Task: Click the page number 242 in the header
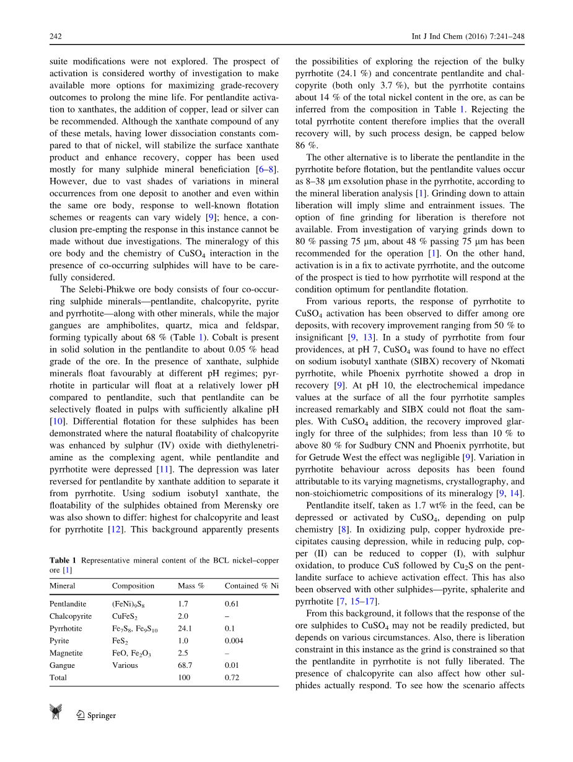[x=56, y=37]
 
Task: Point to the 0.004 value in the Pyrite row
[x=234, y=641]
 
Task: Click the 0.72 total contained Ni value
[x=231, y=678]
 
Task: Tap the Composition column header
[x=133, y=585]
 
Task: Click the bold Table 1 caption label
[x=63, y=561]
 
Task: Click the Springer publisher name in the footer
[x=102, y=716]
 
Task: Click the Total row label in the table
[x=58, y=678]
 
